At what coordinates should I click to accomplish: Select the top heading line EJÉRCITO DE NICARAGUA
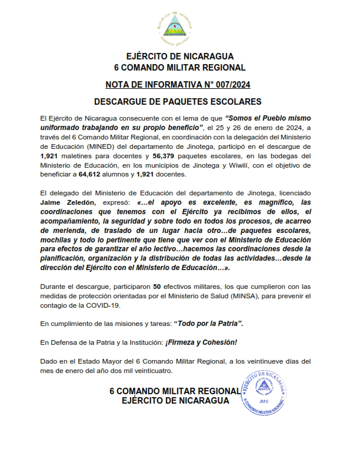click(x=180, y=56)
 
